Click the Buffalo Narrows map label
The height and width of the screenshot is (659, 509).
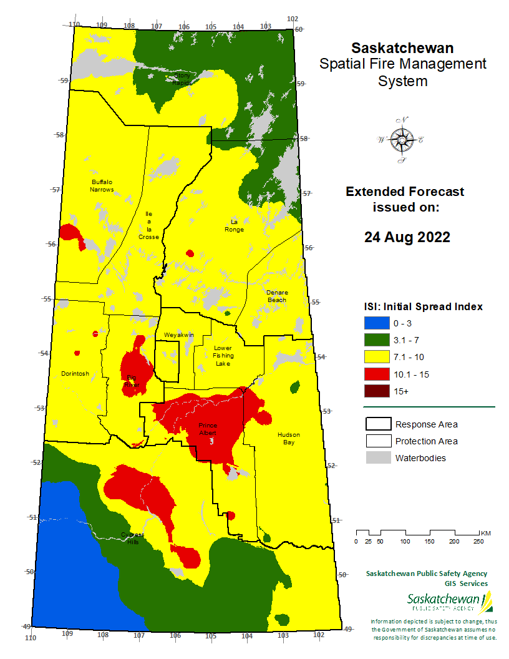tap(102, 185)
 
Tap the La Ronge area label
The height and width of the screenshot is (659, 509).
tap(235, 225)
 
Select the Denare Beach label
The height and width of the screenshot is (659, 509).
tap(276, 296)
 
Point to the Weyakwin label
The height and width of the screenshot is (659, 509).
tap(179, 335)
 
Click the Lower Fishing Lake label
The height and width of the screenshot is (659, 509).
tap(223, 355)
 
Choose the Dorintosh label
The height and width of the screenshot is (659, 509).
tap(75, 374)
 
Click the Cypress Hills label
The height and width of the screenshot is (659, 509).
tap(132, 539)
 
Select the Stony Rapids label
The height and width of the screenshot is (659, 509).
tap(182, 79)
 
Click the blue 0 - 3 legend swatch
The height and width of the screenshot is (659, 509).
tap(377, 323)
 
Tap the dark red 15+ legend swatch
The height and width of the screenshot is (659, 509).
tap(377, 391)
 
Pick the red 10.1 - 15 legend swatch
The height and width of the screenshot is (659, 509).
tap(377, 374)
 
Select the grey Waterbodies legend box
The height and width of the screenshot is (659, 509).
tap(377, 458)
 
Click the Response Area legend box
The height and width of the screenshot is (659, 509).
tap(377, 424)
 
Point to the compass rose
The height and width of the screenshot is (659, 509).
tap(401, 140)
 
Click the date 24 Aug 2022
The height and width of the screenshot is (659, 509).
tap(407, 237)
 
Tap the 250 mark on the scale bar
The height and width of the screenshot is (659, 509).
tap(478, 541)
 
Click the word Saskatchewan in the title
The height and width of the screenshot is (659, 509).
tap(402, 48)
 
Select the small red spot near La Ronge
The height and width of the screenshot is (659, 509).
tap(190, 253)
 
